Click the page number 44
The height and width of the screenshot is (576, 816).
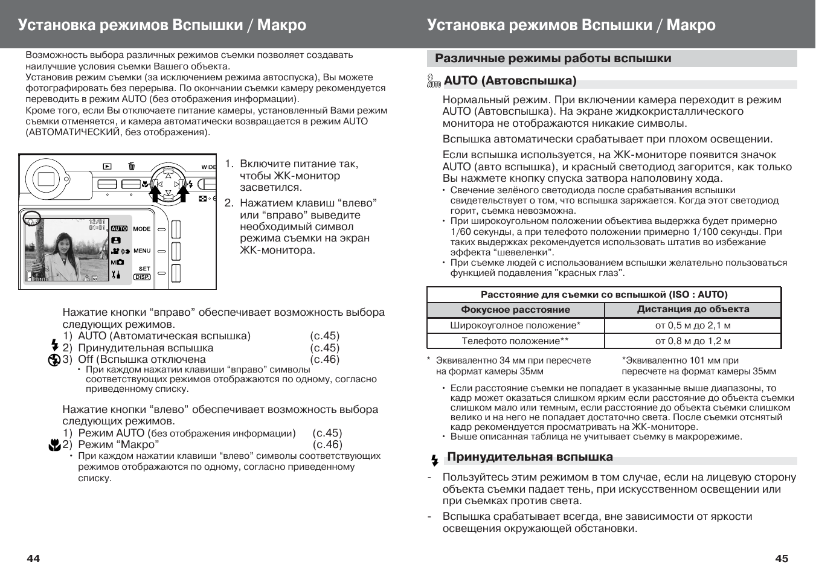tap(33, 558)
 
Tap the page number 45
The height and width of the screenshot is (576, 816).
tap(782, 558)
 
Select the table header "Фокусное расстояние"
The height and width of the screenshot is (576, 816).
tap(515, 310)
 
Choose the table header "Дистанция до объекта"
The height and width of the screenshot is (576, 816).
tap(693, 309)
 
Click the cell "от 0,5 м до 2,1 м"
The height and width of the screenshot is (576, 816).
tap(693, 325)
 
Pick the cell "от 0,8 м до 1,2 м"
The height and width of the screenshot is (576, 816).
tap(693, 341)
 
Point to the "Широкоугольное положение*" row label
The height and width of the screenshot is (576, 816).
tap(515, 325)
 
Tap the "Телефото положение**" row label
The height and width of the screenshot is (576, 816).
tap(515, 341)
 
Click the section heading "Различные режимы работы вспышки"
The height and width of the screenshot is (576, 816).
tap(553, 59)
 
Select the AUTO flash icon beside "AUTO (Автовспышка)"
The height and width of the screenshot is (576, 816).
tap(434, 81)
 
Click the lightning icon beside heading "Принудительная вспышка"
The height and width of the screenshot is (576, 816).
tap(434, 461)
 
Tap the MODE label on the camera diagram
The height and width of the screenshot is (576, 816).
tap(142, 229)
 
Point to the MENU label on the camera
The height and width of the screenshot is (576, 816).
tap(142, 251)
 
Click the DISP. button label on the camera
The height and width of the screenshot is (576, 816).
tap(142, 277)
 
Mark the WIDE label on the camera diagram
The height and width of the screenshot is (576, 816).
tap(208, 167)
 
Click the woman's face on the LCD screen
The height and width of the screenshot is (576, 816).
tap(62, 244)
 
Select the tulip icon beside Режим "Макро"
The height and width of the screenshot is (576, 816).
tap(54, 446)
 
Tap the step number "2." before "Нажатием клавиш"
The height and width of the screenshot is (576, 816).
tap(229, 203)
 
